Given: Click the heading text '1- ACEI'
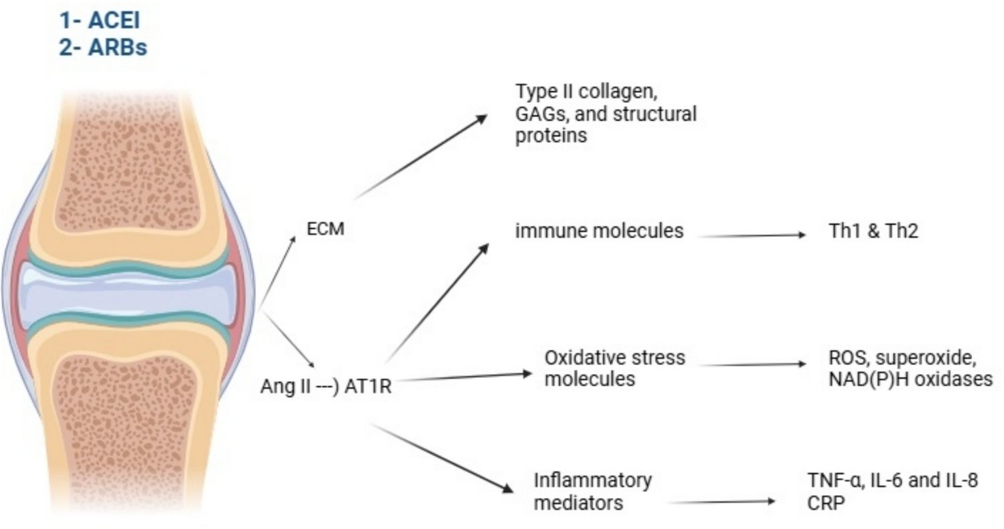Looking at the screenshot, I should click(x=100, y=21).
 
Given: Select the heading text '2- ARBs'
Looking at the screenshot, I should click(x=102, y=48).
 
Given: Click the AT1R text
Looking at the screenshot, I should click(x=364, y=387).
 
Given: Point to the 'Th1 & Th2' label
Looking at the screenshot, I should click(x=870, y=231).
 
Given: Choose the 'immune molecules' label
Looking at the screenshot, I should click(x=599, y=231).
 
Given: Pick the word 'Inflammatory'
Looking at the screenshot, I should click(x=593, y=480).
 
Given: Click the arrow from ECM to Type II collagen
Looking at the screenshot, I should click(x=421, y=158).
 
